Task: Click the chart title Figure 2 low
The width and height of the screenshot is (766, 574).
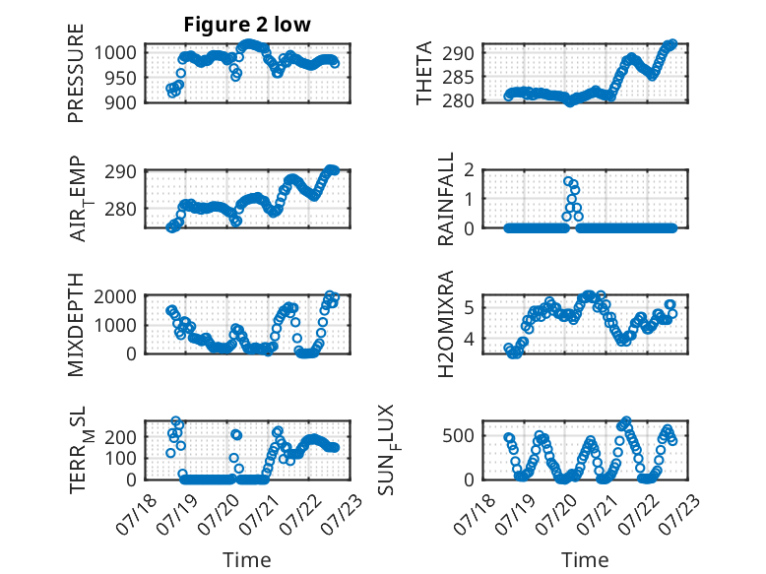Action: pos(247,25)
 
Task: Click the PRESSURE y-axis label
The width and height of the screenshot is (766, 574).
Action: pos(76,73)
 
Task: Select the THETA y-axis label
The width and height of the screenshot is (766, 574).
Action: pos(424,73)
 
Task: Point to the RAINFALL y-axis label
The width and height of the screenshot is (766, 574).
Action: pos(446,198)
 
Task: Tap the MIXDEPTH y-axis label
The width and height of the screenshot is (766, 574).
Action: pos(76,324)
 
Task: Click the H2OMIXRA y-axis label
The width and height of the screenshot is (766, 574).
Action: pos(446,324)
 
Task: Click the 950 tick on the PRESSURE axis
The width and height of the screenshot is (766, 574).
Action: pos(120,78)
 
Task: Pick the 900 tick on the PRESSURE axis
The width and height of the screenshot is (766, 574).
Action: pos(120,102)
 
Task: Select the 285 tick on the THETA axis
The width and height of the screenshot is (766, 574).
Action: pos(458,77)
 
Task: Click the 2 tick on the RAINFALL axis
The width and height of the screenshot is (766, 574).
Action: pos(470,170)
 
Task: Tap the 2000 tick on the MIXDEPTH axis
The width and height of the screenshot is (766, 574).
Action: pos(115,296)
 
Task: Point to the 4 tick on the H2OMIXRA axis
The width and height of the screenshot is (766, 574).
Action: pos(470,338)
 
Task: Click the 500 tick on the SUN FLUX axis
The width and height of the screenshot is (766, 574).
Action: pos(458,436)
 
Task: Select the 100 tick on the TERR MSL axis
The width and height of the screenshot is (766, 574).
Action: pos(120,458)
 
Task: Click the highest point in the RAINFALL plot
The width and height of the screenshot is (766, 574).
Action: pos(568,181)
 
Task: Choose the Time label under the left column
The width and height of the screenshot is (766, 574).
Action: pos(247,560)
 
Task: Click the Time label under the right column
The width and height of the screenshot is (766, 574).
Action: pos(585,560)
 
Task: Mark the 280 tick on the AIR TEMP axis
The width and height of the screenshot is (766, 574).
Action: pos(120,209)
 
